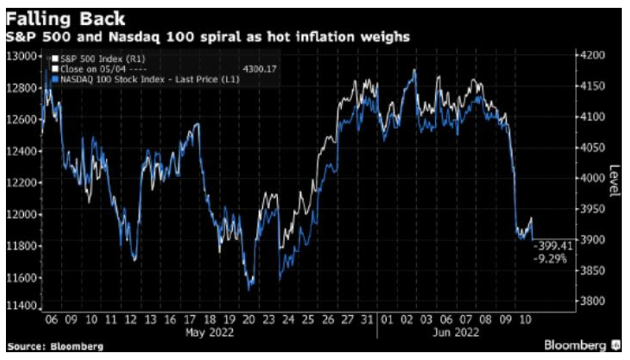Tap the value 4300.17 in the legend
click(260, 67)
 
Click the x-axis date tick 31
click(366, 319)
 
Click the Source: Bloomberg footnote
click(55, 347)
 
